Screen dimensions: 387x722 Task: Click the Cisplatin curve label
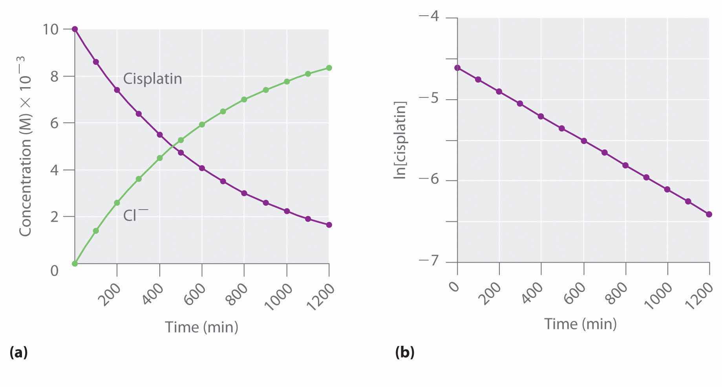(152, 79)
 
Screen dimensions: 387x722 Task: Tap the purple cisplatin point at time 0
(75, 29)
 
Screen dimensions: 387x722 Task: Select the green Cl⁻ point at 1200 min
(329, 68)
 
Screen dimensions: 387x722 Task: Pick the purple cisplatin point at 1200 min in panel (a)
(329, 225)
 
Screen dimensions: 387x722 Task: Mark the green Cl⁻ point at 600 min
(202, 124)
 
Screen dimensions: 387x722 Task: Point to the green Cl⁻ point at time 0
(75, 263)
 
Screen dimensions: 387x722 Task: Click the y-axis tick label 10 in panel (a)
(50, 29)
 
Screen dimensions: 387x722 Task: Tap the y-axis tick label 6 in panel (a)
(54, 123)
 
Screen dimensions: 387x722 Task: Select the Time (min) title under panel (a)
(201, 327)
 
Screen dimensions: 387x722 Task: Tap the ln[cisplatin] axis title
(400, 140)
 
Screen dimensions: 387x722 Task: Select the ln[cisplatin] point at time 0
(457, 68)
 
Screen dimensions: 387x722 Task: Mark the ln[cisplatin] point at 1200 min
(709, 214)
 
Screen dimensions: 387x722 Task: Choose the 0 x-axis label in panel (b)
(455, 286)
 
